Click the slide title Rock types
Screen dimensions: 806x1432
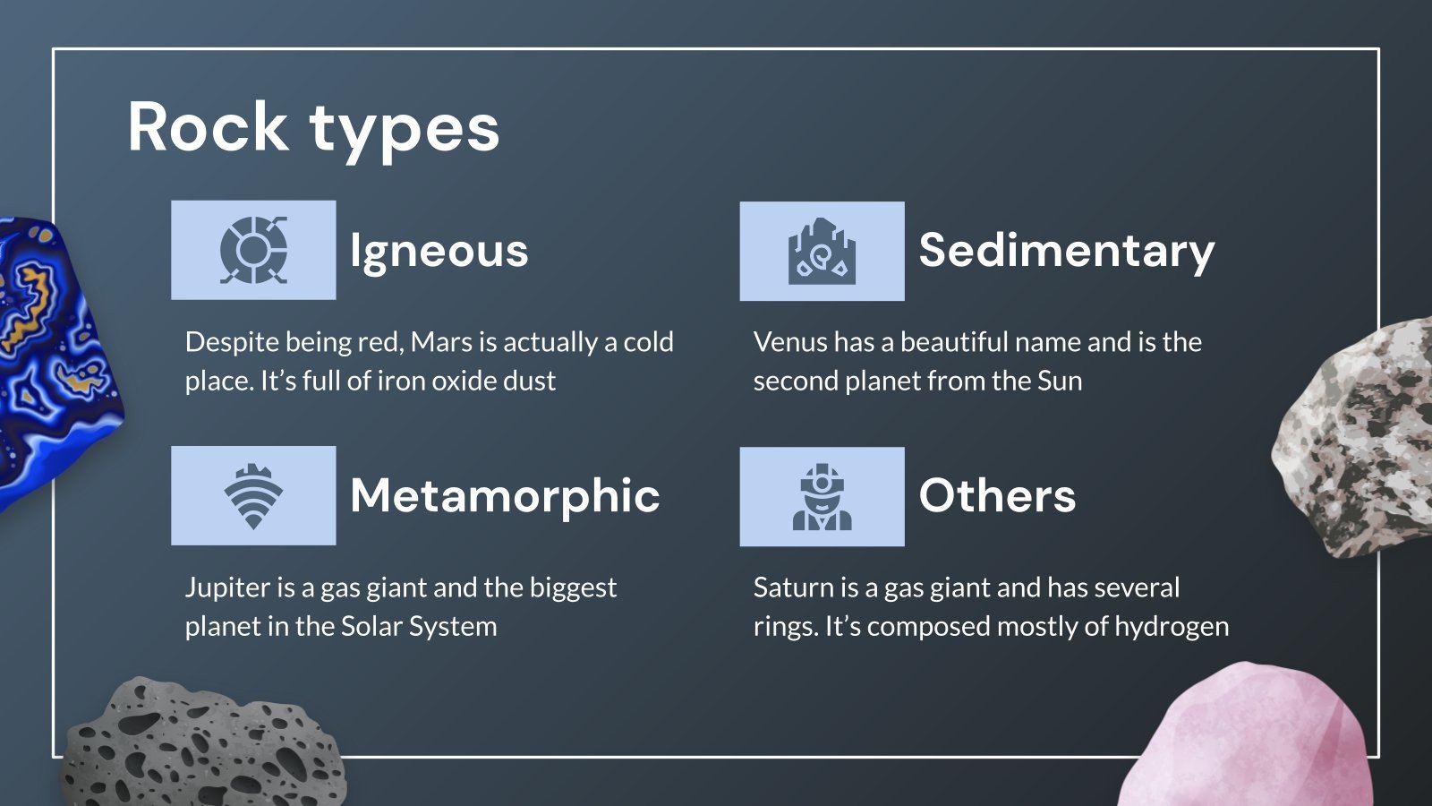pos(313,127)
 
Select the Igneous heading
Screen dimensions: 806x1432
pos(439,250)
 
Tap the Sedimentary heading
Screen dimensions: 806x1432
pos(1066,250)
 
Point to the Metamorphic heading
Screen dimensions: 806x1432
pos(505,495)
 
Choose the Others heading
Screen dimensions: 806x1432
pos(997,495)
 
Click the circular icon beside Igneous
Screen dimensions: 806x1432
pos(253,250)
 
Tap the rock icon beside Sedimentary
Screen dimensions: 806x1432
pos(822,251)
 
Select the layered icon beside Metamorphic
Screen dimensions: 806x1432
pos(253,496)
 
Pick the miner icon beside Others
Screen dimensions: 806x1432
pos(822,496)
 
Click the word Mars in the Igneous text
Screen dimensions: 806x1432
pos(441,342)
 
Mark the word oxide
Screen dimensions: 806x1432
pos(450,381)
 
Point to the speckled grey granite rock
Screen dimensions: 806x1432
pos(1360,439)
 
